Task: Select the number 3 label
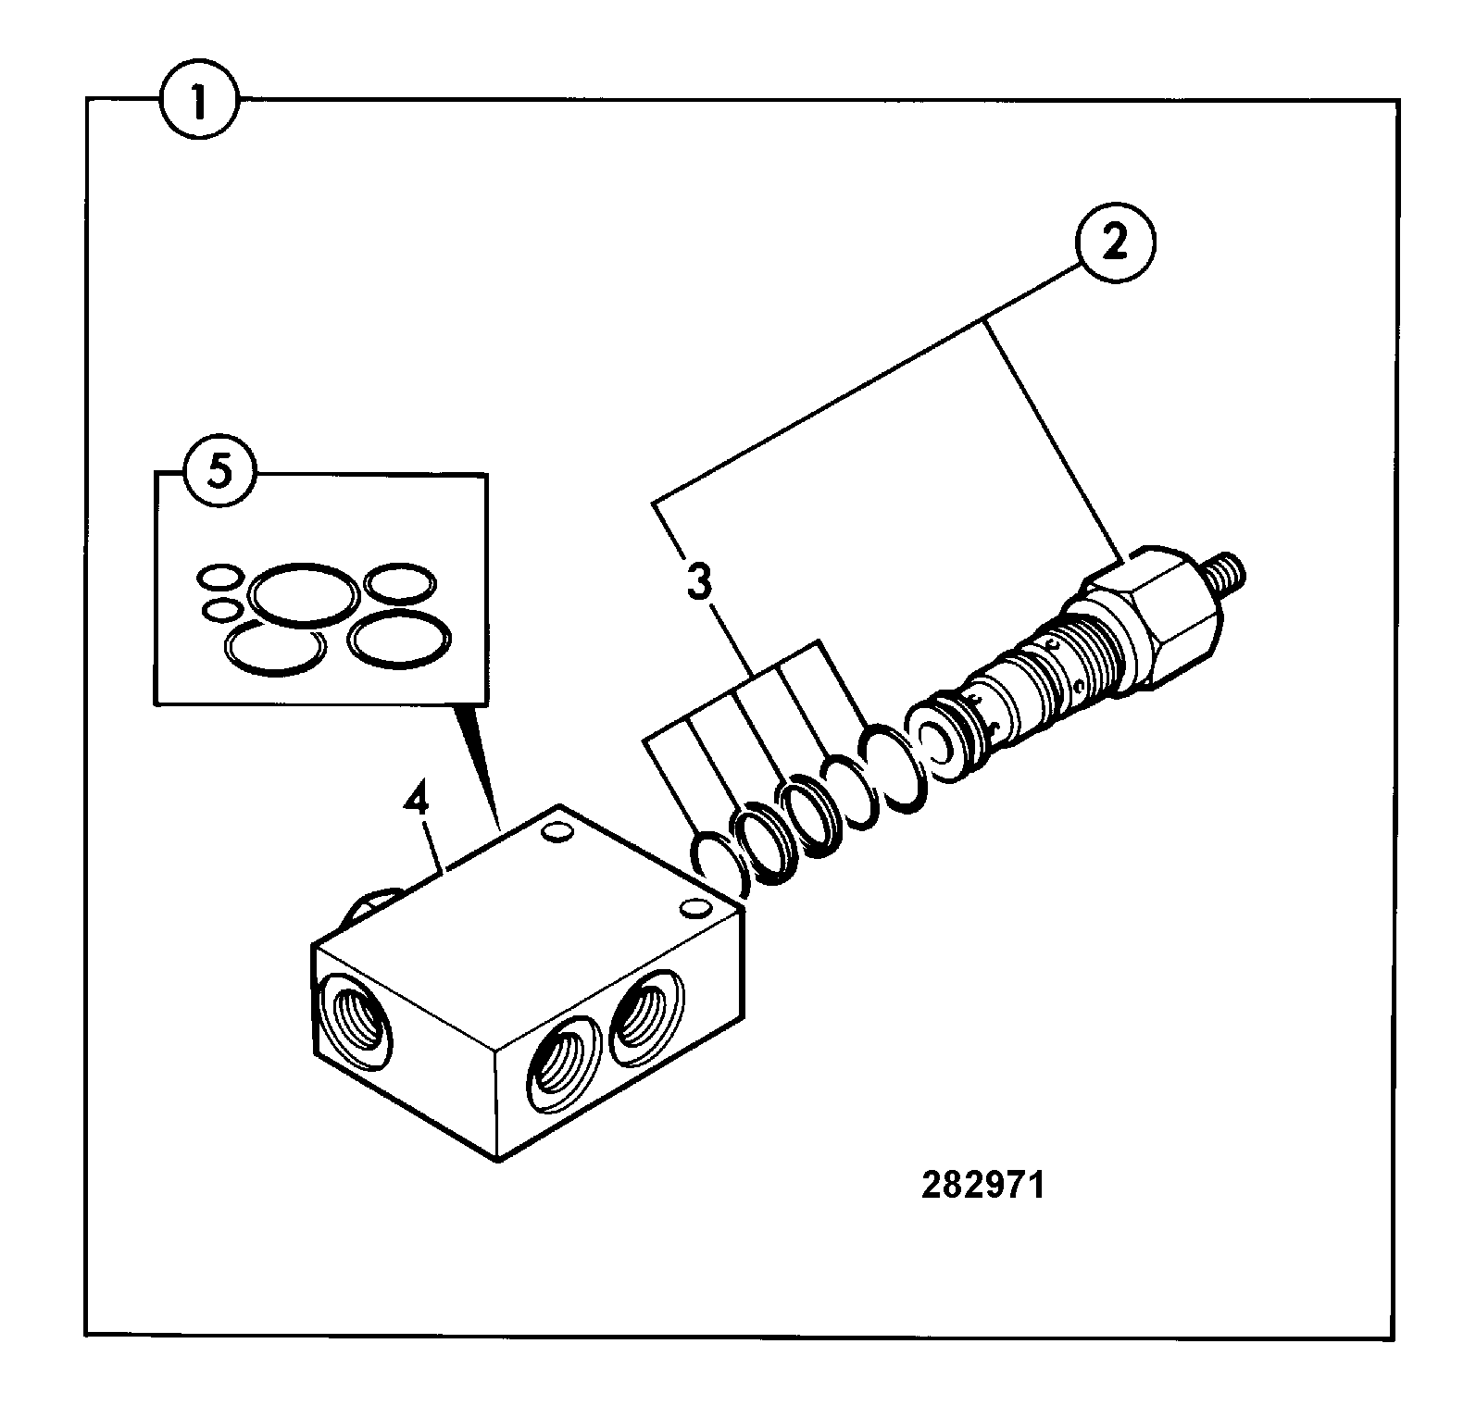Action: tap(700, 584)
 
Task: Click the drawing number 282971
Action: tap(982, 1186)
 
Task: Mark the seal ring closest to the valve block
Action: tap(718, 863)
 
